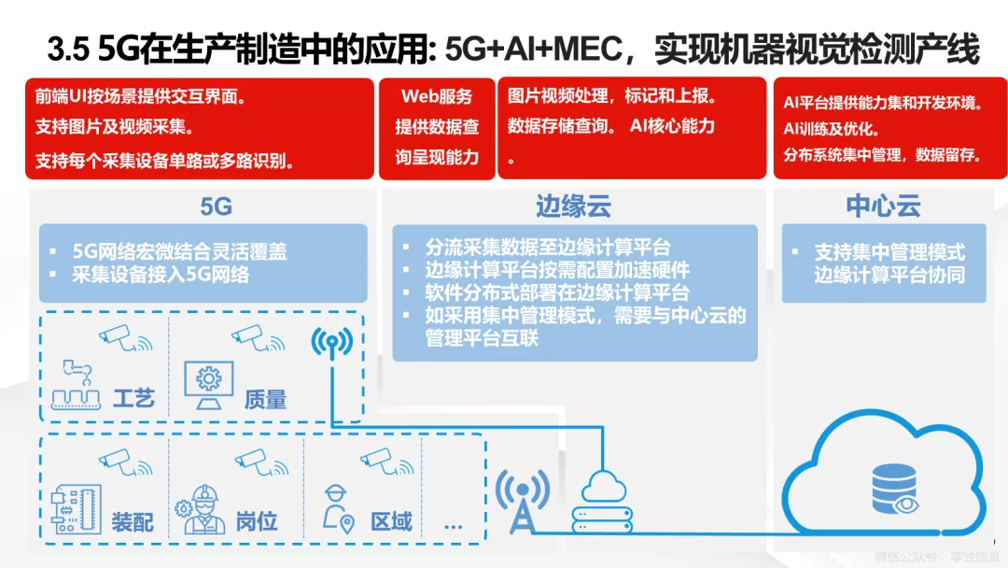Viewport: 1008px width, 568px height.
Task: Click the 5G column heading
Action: (x=216, y=206)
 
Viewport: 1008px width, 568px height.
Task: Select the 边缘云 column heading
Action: (x=573, y=206)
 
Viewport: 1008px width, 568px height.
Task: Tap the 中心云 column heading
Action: (x=883, y=206)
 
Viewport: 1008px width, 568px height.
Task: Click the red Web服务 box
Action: (x=437, y=127)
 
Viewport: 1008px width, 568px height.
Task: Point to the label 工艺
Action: (x=133, y=399)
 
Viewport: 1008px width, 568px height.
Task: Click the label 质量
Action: (x=265, y=399)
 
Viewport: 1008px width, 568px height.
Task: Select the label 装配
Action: (x=133, y=521)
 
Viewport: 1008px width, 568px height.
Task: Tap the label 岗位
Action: (x=256, y=521)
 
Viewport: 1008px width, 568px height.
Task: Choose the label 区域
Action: (x=391, y=521)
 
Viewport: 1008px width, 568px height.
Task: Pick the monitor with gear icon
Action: (x=207, y=383)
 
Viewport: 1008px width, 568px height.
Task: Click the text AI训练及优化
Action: (x=832, y=130)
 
